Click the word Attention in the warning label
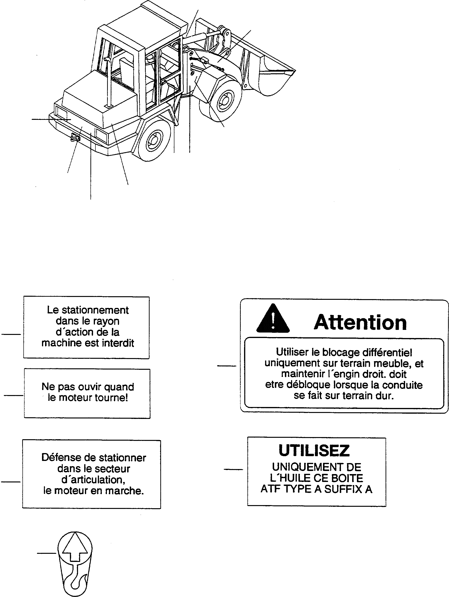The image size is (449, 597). tap(360, 322)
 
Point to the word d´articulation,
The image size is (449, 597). tap(94, 480)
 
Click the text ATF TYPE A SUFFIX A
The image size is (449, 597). tap(316, 489)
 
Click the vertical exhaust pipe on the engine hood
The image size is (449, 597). tap(109, 84)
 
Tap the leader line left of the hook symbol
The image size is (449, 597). tap(46, 554)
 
